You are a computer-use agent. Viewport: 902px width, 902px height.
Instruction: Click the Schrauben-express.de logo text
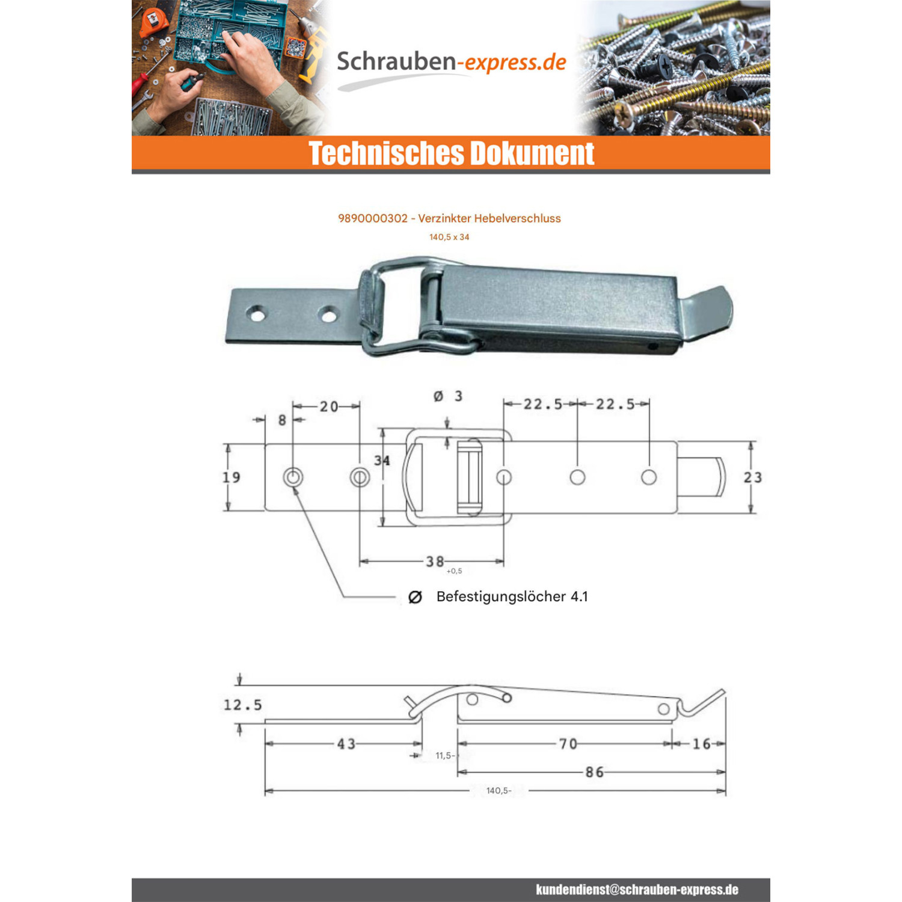click(x=451, y=62)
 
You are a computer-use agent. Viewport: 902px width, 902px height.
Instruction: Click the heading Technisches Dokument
click(x=452, y=153)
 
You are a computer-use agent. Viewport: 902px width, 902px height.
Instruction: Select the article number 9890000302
click(x=373, y=218)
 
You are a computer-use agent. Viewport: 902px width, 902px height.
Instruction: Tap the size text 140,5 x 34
click(x=449, y=237)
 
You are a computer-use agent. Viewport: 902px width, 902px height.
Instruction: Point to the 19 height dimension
click(x=232, y=477)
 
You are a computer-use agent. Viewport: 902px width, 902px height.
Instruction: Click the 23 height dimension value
click(x=753, y=477)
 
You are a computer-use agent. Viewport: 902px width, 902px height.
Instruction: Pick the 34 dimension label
click(x=382, y=461)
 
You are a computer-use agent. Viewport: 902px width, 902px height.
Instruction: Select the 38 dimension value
click(x=435, y=562)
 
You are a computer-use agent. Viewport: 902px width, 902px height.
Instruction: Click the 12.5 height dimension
click(x=243, y=705)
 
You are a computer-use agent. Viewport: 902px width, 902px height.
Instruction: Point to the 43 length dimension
click(x=346, y=744)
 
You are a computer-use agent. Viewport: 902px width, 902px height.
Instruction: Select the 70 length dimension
click(x=568, y=744)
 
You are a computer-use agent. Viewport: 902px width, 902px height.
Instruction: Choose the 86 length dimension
click(x=595, y=772)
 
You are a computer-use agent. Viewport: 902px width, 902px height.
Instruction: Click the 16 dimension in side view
click(x=702, y=744)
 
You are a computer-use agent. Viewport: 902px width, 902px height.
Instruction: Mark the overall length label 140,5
click(x=499, y=791)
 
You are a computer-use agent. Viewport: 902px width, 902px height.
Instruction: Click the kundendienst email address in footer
click(x=637, y=890)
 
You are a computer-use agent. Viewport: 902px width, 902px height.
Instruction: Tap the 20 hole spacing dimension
click(x=329, y=407)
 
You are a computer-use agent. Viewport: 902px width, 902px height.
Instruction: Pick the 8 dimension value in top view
click(x=282, y=420)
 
